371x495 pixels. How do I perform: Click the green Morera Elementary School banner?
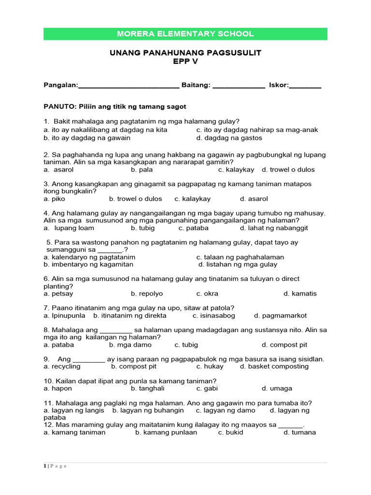click(x=185, y=34)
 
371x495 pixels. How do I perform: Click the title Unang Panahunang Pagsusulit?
click(x=185, y=53)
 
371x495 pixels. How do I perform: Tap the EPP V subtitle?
click(x=185, y=61)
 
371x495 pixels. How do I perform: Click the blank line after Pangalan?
click(x=128, y=86)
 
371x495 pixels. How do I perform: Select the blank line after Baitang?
click(x=239, y=86)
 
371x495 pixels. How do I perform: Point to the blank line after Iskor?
click(x=305, y=86)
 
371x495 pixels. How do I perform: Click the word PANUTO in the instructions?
click(x=57, y=106)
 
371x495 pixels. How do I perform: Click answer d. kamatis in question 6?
click(x=300, y=293)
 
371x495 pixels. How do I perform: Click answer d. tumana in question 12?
click(x=300, y=432)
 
